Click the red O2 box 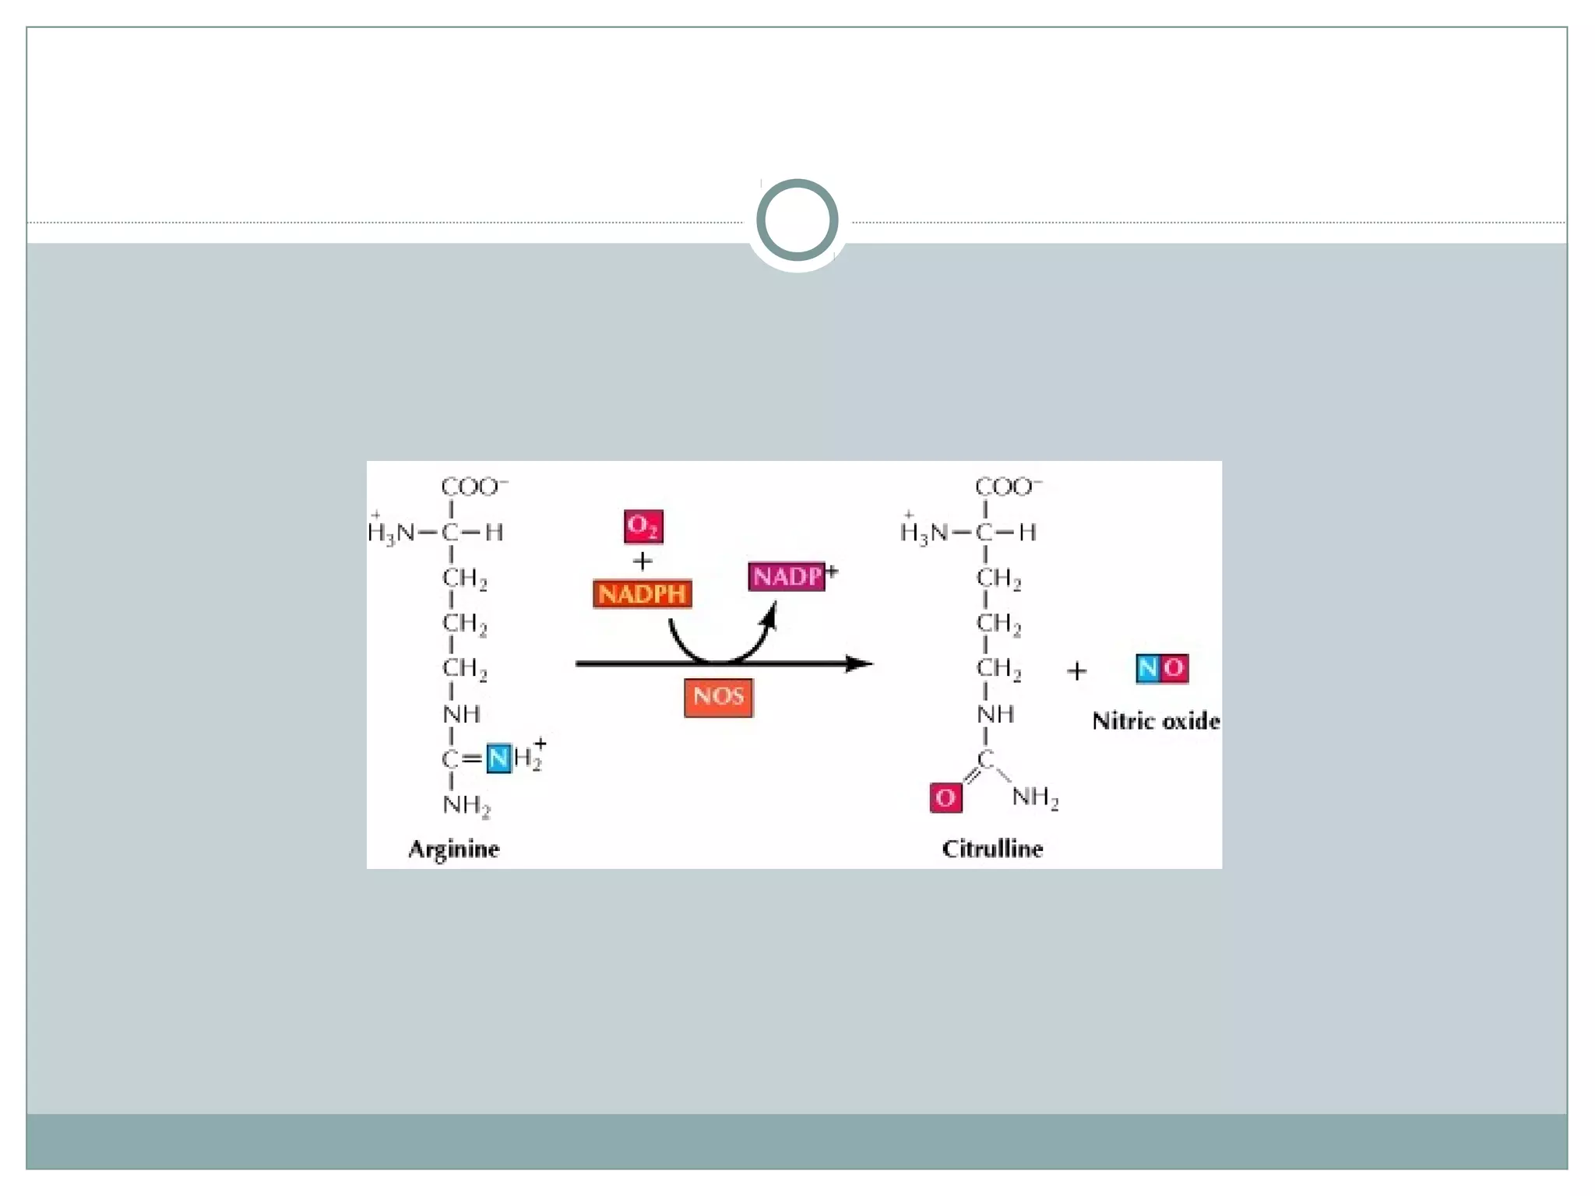(643, 527)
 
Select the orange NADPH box (643, 594)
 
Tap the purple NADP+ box (787, 577)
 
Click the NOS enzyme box (718, 696)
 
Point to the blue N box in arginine (498, 758)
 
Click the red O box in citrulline (945, 797)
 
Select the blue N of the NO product (1148, 668)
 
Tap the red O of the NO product (1174, 668)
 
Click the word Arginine (454, 849)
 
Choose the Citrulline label (992, 849)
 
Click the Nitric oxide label (1156, 721)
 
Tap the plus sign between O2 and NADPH (643, 561)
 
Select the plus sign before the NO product (1076, 670)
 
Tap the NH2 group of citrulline (1035, 797)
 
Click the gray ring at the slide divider (797, 220)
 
